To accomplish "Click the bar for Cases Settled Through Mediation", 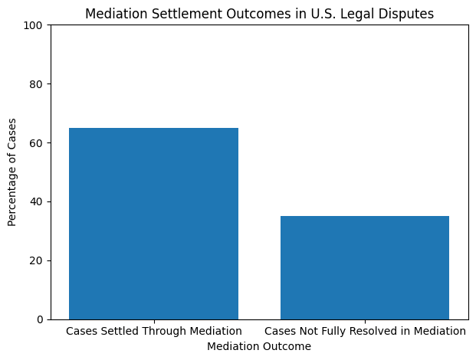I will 153,223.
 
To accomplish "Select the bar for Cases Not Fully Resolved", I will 365,267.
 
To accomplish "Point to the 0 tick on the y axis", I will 41,319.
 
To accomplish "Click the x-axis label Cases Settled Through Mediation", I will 153,331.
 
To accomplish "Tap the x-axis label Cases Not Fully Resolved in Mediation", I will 365,331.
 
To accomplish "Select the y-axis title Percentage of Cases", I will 11,172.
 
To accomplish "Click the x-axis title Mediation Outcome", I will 259,346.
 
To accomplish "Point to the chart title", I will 259,14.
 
